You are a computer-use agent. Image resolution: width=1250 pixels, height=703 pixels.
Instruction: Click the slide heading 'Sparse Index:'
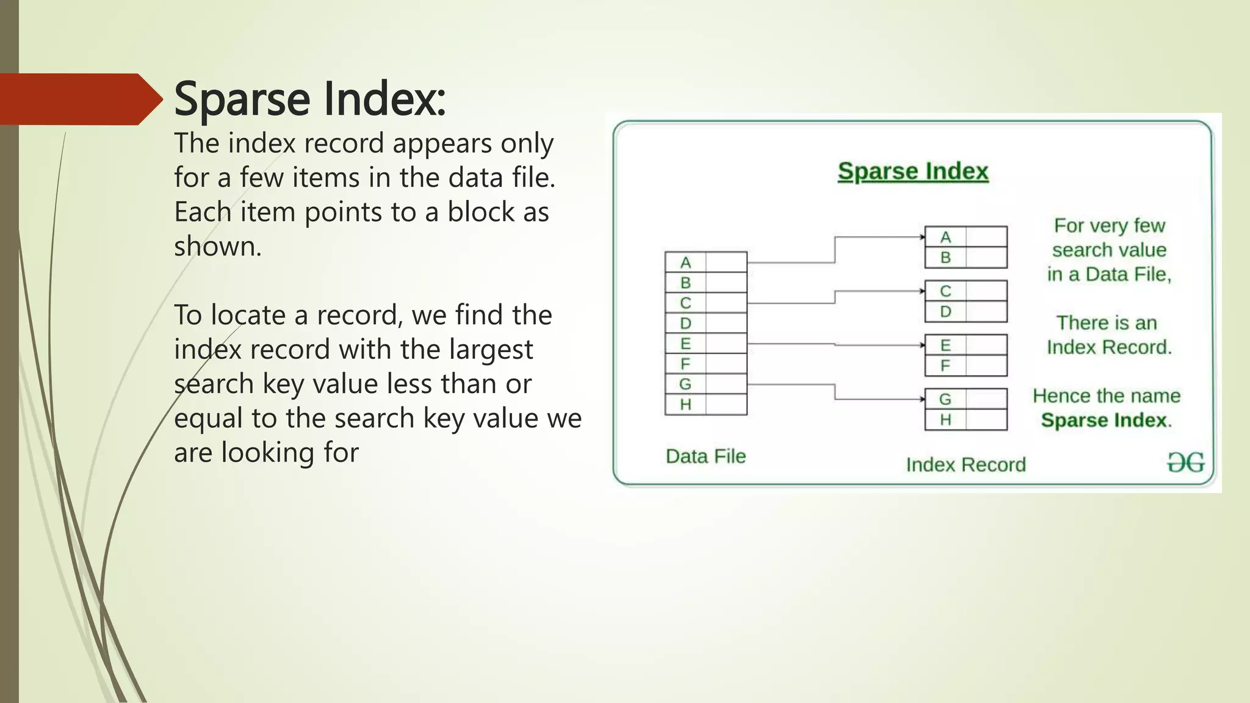pyautogui.click(x=309, y=99)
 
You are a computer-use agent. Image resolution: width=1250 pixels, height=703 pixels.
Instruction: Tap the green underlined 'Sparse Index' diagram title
pyautogui.click(x=912, y=171)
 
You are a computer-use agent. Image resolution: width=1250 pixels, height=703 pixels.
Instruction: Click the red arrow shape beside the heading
pyautogui.click(x=79, y=99)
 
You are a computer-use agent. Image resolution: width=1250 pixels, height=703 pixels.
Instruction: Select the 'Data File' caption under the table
pyautogui.click(x=706, y=456)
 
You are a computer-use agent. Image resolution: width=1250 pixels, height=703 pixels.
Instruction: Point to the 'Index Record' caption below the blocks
pyautogui.click(x=966, y=465)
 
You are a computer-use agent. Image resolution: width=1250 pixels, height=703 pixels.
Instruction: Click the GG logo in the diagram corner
pyautogui.click(x=1185, y=463)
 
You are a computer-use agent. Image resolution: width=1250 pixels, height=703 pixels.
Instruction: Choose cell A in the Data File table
pyautogui.click(x=685, y=262)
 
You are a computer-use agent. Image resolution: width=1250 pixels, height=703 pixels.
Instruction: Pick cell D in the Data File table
pyautogui.click(x=685, y=323)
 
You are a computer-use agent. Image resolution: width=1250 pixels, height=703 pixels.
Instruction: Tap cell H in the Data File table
pyautogui.click(x=685, y=404)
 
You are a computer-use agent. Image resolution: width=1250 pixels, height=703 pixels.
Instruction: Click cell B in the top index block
pyautogui.click(x=945, y=258)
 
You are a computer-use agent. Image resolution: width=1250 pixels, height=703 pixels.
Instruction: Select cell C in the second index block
pyautogui.click(x=945, y=291)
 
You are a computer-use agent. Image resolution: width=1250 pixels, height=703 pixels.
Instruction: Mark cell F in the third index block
pyautogui.click(x=945, y=366)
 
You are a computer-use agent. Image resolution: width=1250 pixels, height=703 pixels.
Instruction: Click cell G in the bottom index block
pyautogui.click(x=945, y=399)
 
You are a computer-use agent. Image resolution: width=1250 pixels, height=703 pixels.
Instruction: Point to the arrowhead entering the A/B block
pyautogui.click(x=922, y=237)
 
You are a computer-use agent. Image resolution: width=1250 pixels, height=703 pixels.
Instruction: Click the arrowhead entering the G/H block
pyautogui.click(x=922, y=399)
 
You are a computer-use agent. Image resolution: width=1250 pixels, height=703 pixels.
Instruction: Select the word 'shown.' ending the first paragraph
pyautogui.click(x=218, y=247)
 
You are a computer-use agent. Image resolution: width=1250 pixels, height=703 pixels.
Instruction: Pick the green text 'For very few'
pyautogui.click(x=1109, y=226)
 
